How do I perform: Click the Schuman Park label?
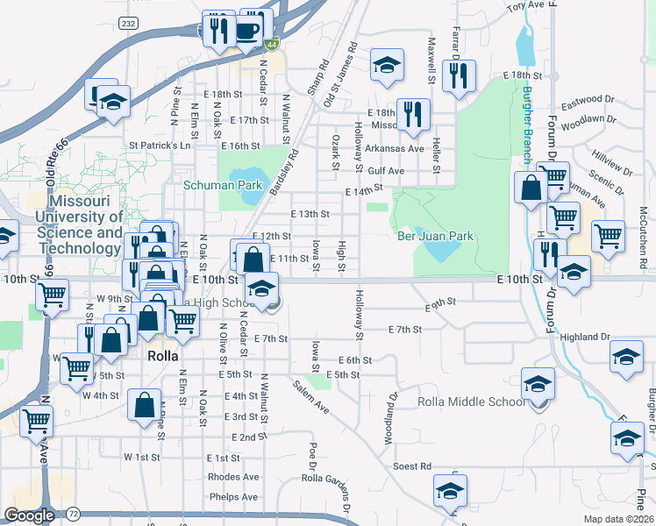223,186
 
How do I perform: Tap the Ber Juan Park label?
435,236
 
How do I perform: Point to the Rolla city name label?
162,357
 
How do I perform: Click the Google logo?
29,515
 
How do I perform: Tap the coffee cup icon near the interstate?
248,30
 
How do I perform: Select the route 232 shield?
130,24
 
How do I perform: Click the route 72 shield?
74,513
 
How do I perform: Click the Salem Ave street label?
310,397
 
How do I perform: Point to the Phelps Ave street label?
233,497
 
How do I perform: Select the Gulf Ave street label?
386,171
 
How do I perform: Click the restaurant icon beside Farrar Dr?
458,76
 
